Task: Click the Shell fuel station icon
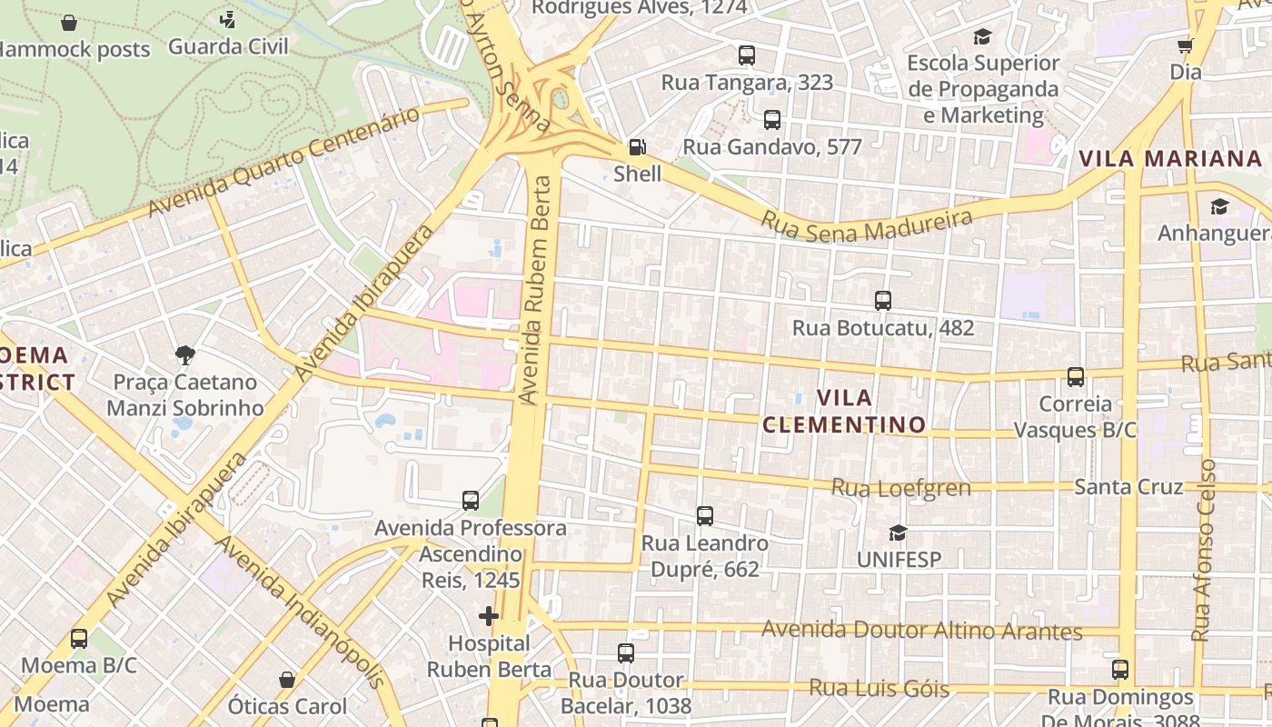point(638,147)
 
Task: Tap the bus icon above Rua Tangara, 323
point(747,55)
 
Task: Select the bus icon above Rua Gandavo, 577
point(772,120)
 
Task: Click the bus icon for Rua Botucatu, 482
point(882,301)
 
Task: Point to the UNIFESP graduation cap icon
point(899,533)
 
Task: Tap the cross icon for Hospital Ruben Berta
point(489,616)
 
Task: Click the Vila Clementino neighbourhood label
point(844,411)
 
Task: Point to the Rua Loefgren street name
point(901,488)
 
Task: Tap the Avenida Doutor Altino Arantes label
point(921,630)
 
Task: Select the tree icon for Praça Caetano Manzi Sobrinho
point(185,354)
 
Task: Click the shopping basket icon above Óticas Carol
point(287,680)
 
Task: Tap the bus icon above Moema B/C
point(79,639)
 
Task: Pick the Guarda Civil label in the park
point(228,46)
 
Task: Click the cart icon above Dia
point(1186,45)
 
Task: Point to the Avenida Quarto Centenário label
point(284,163)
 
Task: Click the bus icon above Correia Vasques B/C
point(1076,376)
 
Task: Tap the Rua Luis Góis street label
point(879,688)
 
